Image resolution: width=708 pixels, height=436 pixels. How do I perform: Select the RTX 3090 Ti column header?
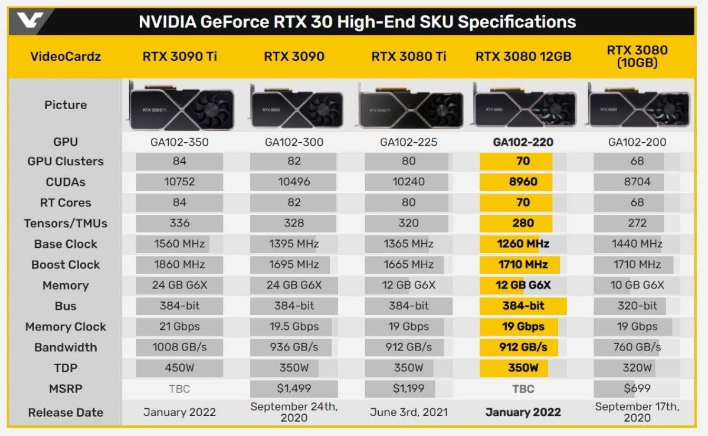[179, 57]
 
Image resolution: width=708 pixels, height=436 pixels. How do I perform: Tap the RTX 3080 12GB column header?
[523, 57]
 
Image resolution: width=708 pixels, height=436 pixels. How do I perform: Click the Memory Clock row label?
[65, 327]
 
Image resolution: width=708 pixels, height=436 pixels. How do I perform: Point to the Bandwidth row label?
[65, 348]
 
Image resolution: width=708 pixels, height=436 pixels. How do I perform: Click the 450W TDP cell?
[179, 368]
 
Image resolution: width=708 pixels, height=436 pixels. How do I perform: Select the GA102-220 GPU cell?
[523, 142]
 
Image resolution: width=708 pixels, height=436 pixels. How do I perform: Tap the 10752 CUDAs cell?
[179, 182]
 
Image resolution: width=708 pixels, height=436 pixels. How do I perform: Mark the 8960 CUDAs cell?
[523, 182]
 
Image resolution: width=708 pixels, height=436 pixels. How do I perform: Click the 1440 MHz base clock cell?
[637, 244]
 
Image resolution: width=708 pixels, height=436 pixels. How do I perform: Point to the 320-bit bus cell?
[637, 306]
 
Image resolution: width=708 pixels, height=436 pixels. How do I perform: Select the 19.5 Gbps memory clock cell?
[294, 327]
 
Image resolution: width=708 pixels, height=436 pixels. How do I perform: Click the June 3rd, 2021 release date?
[408, 412]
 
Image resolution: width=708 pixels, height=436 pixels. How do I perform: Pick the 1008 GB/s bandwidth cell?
[179, 348]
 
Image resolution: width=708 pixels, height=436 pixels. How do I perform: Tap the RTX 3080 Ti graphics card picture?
[408, 107]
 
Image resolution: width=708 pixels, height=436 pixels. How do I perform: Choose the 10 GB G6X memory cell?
[637, 286]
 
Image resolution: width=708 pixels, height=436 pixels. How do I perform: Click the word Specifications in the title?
[517, 22]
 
